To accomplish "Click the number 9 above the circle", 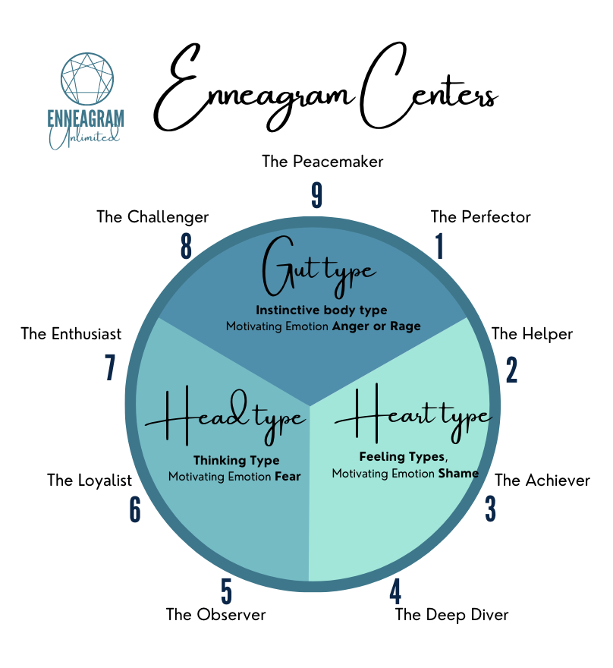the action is (317, 195).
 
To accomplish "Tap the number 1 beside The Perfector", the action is (439, 247).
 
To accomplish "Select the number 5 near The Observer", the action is (225, 591).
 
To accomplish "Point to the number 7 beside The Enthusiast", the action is (111, 368).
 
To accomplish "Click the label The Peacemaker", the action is (322, 161).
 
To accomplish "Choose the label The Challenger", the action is (152, 217).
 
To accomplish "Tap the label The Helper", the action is (532, 334).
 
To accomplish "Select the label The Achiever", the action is (542, 480).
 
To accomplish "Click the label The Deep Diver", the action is (451, 615).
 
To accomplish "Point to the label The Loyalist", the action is (90, 480).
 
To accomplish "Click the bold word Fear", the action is (288, 477).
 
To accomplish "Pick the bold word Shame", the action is (457, 473).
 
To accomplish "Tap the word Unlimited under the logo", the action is (86, 137).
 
